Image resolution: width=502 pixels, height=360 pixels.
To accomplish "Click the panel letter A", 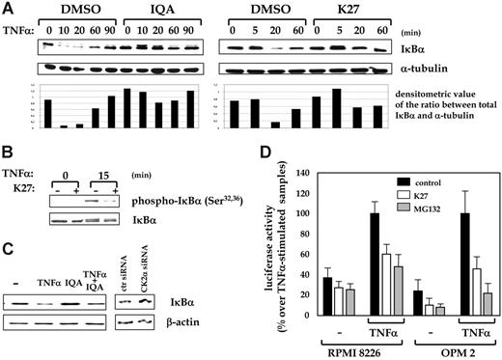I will (x=8, y=9).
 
